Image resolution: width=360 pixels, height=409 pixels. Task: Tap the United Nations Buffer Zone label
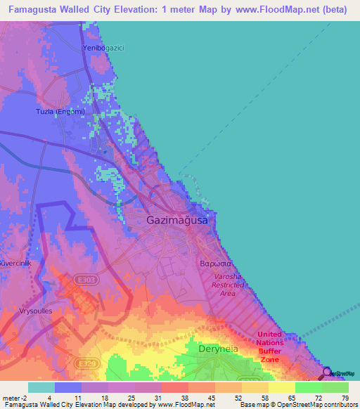(x=269, y=346)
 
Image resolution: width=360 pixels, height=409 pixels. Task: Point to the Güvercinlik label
(x=14, y=251)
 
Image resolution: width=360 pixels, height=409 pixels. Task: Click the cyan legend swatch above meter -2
(x=41, y=387)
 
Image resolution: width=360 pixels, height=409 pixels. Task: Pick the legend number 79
(x=345, y=398)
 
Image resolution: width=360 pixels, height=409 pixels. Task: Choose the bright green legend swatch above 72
(x=309, y=387)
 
